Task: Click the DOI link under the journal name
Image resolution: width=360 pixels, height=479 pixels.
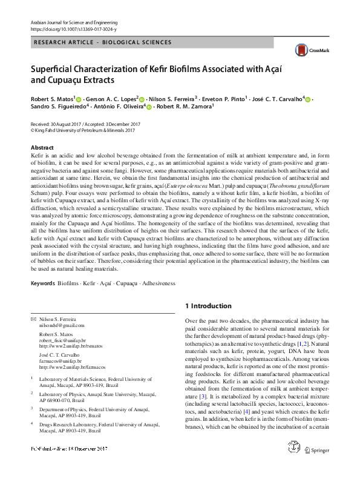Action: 67,28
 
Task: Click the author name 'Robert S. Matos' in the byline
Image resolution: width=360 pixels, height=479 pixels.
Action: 52,99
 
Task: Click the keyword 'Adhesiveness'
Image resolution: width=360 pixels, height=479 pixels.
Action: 155,283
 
